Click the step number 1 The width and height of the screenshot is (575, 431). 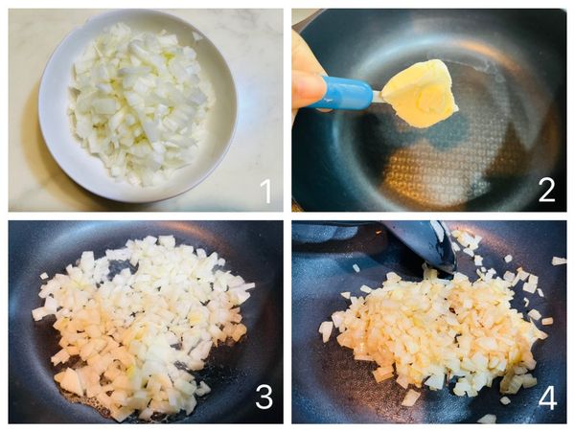click(x=265, y=192)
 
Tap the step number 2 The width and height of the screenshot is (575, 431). click(x=547, y=192)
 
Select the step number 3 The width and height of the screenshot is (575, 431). click(x=264, y=397)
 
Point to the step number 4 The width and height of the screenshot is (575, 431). click(x=547, y=397)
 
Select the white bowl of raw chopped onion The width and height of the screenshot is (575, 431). click(x=138, y=106)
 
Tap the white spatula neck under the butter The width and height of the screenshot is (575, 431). click(x=378, y=97)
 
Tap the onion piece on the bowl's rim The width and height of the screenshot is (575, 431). click(x=196, y=35)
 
